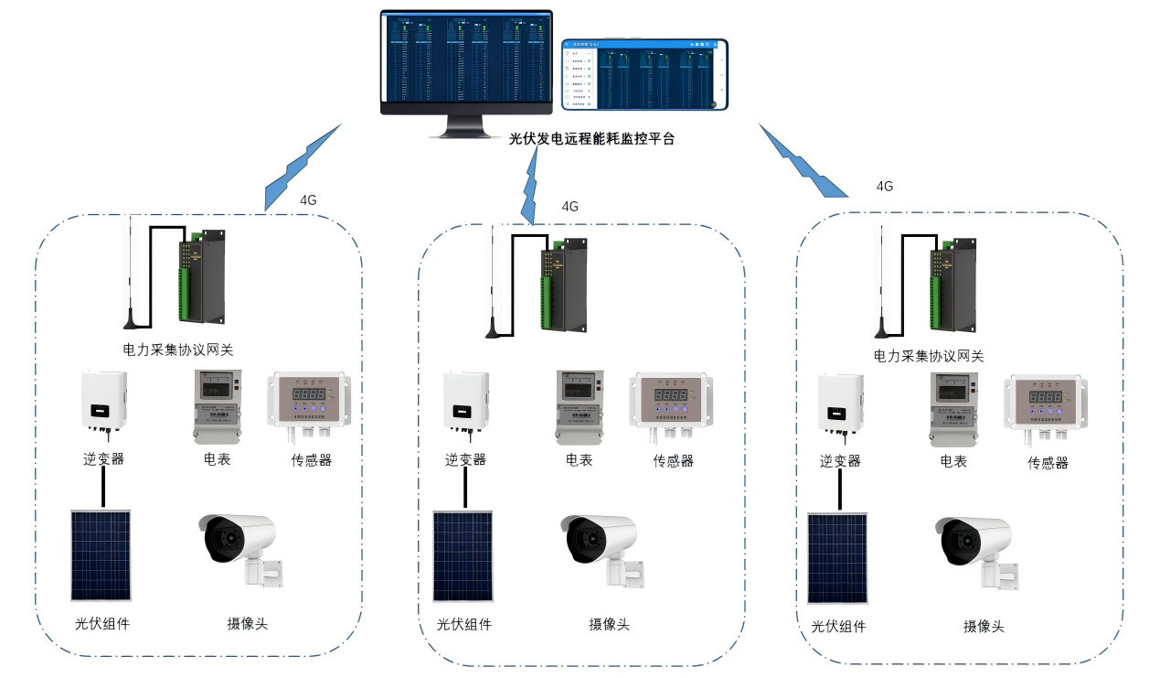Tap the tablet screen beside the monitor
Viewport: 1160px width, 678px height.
[644, 75]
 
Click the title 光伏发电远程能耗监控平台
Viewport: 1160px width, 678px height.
[591, 140]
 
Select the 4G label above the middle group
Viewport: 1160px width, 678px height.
[569, 207]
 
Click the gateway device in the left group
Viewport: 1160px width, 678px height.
[202, 277]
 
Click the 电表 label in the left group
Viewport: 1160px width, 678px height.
[217, 458]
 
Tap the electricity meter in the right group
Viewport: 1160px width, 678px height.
[953, 409]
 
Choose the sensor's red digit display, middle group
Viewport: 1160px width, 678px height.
[670, 396]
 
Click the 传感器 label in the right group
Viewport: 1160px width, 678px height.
[1048, 463]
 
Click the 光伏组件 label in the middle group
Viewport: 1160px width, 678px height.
[463, 624]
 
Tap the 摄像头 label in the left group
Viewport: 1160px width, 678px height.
[248, 624]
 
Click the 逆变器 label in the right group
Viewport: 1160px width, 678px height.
[840, 461]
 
